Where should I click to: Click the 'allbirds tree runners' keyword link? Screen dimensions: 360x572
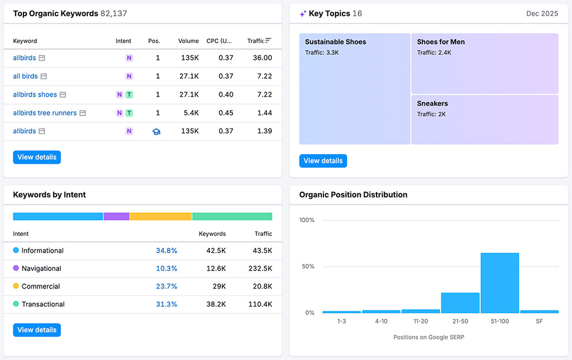(45, 113)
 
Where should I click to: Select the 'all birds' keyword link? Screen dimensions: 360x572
(25, 76)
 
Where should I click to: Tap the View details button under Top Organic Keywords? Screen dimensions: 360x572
(37, 157)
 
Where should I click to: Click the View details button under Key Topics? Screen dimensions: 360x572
(323, 161)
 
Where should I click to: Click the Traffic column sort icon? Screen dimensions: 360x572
(269, 40)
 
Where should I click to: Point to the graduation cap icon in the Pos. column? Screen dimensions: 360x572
(156, 131)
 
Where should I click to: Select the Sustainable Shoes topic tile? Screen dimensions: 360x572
(355, 89)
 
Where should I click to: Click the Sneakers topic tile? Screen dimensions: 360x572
(484, 120)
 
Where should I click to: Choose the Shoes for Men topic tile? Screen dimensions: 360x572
(484, 63)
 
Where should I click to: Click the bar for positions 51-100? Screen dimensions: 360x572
(499, 283)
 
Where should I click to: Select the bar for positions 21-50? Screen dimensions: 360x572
(460, 302)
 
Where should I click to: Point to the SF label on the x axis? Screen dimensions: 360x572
(539, 321)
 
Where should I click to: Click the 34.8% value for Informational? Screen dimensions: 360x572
(166, 250)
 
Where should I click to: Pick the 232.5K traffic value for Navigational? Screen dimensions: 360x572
(260, 268)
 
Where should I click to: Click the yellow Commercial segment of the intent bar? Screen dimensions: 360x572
(161, 216)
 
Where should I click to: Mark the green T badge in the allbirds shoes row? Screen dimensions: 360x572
(129, 94)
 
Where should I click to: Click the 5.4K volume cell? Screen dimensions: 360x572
(190, 113)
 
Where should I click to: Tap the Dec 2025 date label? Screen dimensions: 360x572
(542, 13)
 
